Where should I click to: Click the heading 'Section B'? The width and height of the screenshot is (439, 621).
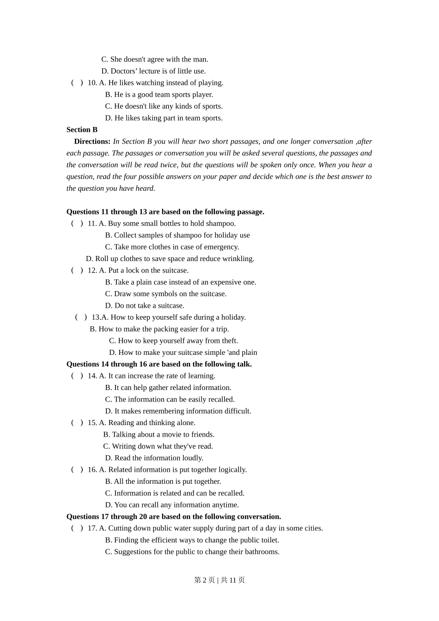click(82, 130)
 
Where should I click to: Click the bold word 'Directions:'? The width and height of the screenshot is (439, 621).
click(92, 141)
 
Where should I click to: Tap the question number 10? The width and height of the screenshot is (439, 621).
click(92, 83)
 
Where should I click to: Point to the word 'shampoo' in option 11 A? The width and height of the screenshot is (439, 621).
click(221, 224)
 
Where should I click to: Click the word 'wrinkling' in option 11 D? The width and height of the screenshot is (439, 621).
click(238, 259)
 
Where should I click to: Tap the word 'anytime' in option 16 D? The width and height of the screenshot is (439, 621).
click(226, 505)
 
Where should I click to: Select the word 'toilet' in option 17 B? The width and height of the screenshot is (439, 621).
click(268, 540)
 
